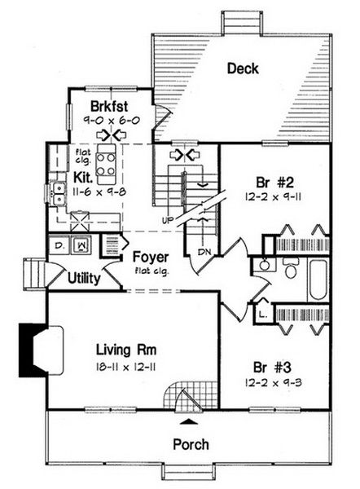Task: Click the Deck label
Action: pyautogui.click(x=243, y=68)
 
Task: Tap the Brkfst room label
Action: pyautogui.click(x=109, y=106)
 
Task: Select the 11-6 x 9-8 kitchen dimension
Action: pyautogui.click(x=99, y=192)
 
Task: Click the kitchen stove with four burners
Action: pyautogui.click(x=106, y=165)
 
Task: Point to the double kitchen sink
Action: pyautogui.click(x=59, y=194)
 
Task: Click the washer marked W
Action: pyautogui.click(x=81, y=244)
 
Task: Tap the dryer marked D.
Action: pyautogui.click(x=59, y=245)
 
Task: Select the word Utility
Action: pyautogui.click(x=84, y=278)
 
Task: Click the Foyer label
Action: pyautogui.click(x=151, y=258)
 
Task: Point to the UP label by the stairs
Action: pyautogui.click(x=168, y=220)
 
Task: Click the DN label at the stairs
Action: pyautogui.click(x=204, y=252)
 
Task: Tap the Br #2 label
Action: pyautogui.click(x=274, y=183)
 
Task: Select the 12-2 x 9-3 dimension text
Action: pyautogui.click(x=273, y=383)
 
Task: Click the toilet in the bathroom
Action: pyautogui.click(x=291, y=268)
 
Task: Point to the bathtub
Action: pyautogui.click(x=318, y=280)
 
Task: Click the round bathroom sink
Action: pyautogui.click(x=265, y=266)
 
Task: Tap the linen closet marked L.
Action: pyautogui.click(x=263, y=315)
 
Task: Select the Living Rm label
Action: pyautogui.click(x=126, y=350)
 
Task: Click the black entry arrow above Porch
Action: pyautogui.click(x=189, y=421)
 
